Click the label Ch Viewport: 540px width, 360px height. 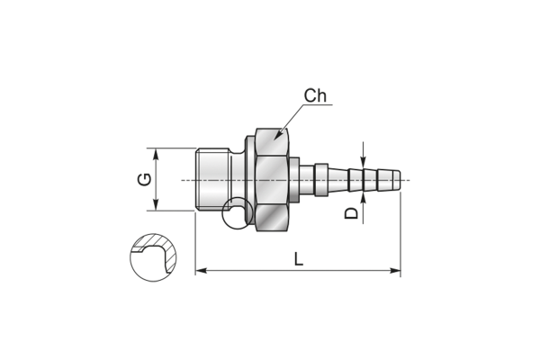click(x=315, y=95)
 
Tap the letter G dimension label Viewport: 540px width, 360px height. click(x=144, y=179)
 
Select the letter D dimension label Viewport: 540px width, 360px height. click(x=352, y=213)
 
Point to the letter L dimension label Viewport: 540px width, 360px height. click(x=299, y=258)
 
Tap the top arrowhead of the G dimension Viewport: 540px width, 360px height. click(x=156, y=154)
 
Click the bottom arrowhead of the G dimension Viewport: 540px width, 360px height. click(x=156, y=204)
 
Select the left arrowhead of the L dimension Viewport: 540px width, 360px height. click(x=201, y=270)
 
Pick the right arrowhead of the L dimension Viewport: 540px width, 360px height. click(x=395, y=270)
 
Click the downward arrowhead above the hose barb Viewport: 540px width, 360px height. click(x=363, y=163)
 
